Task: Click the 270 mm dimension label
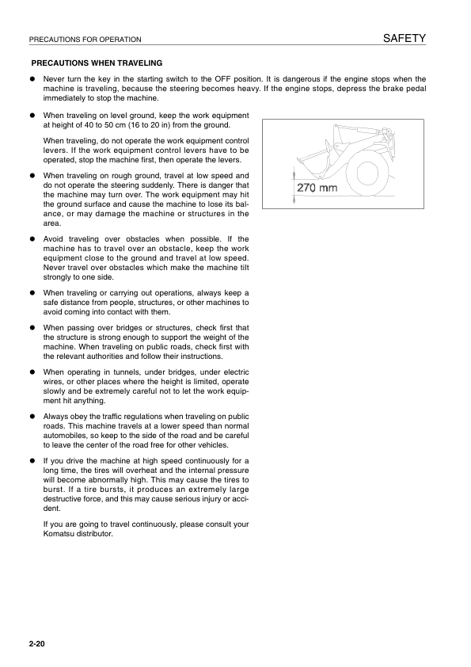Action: coord(317,189)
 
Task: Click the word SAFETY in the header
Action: coord(405,38)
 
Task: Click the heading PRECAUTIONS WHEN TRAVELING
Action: coord(96,63)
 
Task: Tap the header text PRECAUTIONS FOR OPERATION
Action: coord(84,40)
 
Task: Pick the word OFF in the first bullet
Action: coord(225,79)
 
